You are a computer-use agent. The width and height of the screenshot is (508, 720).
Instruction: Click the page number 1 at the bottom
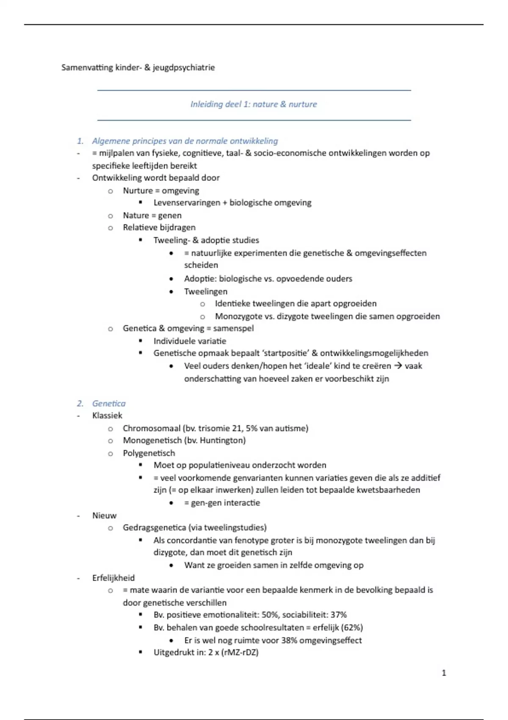tap(444, 673)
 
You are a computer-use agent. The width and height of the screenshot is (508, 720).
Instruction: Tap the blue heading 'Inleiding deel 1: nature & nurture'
tap(253, 104)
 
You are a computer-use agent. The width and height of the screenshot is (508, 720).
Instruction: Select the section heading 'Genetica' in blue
tap(109, 403)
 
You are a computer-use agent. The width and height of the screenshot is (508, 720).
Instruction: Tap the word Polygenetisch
tap(149, 453)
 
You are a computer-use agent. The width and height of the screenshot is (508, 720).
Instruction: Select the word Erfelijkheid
tap(113, 578)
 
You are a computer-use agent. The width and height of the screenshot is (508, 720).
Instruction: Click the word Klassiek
tap(107, 415)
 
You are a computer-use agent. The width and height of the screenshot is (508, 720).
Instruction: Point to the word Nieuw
tap(104, 515)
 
